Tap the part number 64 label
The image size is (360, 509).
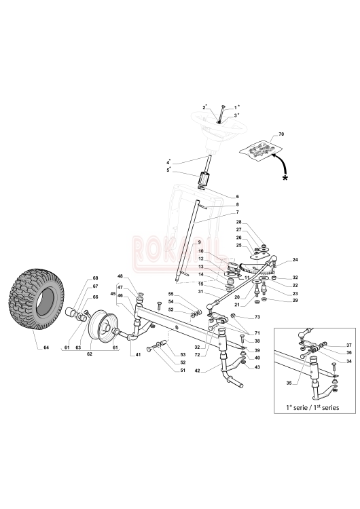(46, 347)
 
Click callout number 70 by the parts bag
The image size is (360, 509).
(281, 134)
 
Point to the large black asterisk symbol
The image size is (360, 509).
(285, 178)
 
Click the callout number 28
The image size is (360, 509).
(239, 223)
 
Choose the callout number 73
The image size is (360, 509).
(257, 316)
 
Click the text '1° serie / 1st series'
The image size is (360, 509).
(312, 407)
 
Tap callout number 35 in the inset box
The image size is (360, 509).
(289, 383)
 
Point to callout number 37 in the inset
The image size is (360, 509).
(340, 345)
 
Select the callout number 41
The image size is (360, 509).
(138, 355)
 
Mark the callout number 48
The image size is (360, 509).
(120, 276)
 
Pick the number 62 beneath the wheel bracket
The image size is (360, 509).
(90, 354)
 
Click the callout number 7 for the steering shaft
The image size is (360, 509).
(238, 212)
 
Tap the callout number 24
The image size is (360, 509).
(295, 260)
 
